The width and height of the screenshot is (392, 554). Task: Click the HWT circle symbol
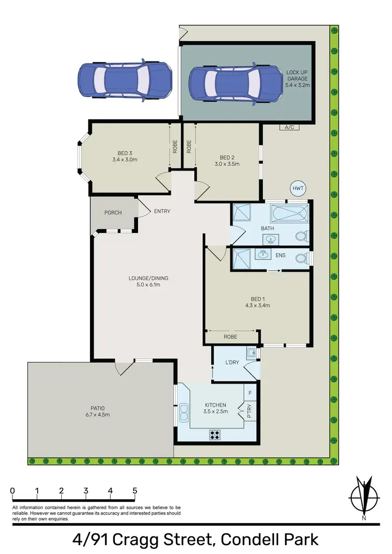298,188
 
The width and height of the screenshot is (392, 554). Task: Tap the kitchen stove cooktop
215,434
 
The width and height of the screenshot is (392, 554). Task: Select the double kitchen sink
184,414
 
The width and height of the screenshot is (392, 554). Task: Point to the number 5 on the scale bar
135,491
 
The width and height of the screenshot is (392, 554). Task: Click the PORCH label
113,213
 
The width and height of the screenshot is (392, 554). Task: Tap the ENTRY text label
162,211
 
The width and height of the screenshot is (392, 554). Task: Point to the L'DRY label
232,362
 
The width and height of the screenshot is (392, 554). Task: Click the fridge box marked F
250,392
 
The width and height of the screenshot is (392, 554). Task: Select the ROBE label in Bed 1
230,337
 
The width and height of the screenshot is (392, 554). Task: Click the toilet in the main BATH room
302,236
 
